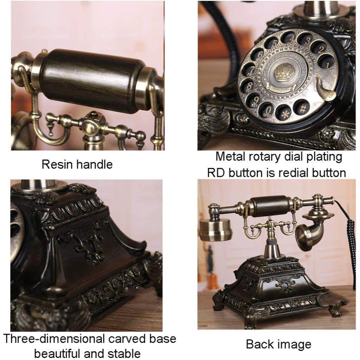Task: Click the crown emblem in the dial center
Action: tap(284, 74)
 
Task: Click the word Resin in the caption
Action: tap(56, 164)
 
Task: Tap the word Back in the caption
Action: tap(260, 344)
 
